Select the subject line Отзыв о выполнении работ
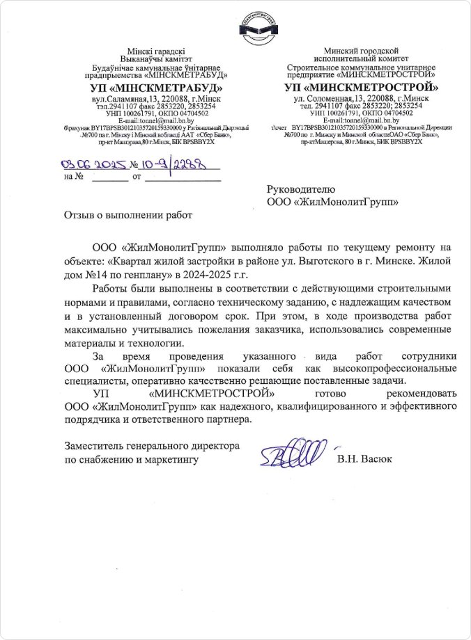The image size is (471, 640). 127,215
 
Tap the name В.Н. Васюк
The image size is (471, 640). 364,459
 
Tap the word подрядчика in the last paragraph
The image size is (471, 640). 95,419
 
